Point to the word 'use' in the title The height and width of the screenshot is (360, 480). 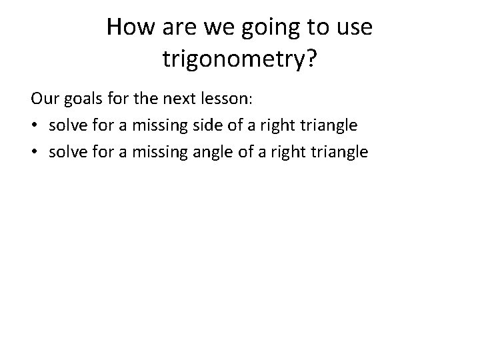(x=353, y=29)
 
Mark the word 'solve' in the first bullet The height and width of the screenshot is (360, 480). (x=65, y=125)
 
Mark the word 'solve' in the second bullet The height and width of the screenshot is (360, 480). (x=65, y=152)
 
